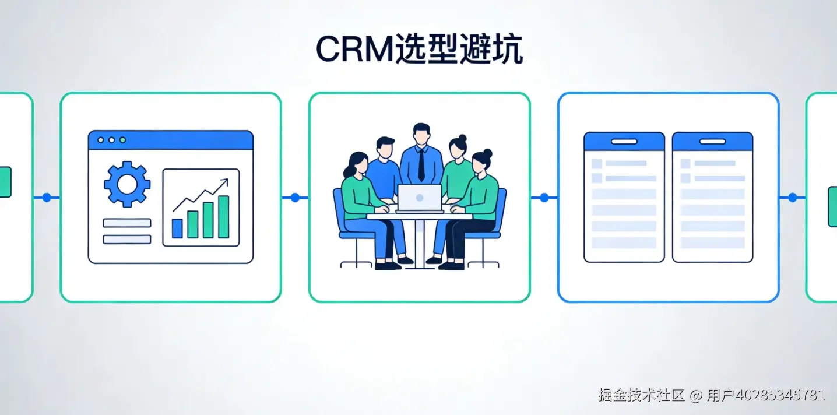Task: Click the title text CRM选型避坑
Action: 418,50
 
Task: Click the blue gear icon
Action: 127,184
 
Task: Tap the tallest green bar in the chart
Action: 223,217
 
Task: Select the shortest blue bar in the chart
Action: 177,228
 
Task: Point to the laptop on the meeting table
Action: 420,198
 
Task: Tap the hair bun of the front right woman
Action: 488,153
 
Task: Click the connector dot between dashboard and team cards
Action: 295,198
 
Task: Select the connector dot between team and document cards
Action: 544,198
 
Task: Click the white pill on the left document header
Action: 624,142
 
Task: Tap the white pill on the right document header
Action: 712,142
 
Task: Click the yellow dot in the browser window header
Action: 111,140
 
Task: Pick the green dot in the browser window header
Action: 121,140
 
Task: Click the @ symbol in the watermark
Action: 696,395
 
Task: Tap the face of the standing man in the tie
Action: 421,135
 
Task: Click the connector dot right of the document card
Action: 792,198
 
